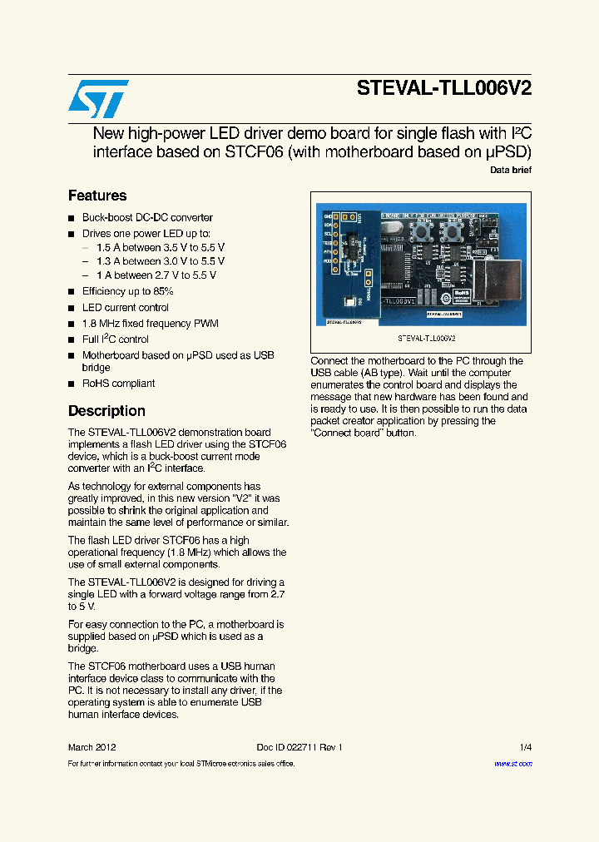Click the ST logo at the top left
[98, 99]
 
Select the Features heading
[97, 196]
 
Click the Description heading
[106, 411]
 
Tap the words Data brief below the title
[510, 170]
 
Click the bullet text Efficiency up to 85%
[127, 291]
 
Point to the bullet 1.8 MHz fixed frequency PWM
[150, 324]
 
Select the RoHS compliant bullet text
[118, 384]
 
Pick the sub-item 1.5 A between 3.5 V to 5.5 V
[160, 248]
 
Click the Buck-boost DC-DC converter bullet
[147, 217]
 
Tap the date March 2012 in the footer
[92, 747]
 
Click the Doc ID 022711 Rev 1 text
[299, 747]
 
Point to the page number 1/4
[525, 747]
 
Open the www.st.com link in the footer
[512, 764]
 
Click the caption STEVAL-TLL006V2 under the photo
[426, 339]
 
